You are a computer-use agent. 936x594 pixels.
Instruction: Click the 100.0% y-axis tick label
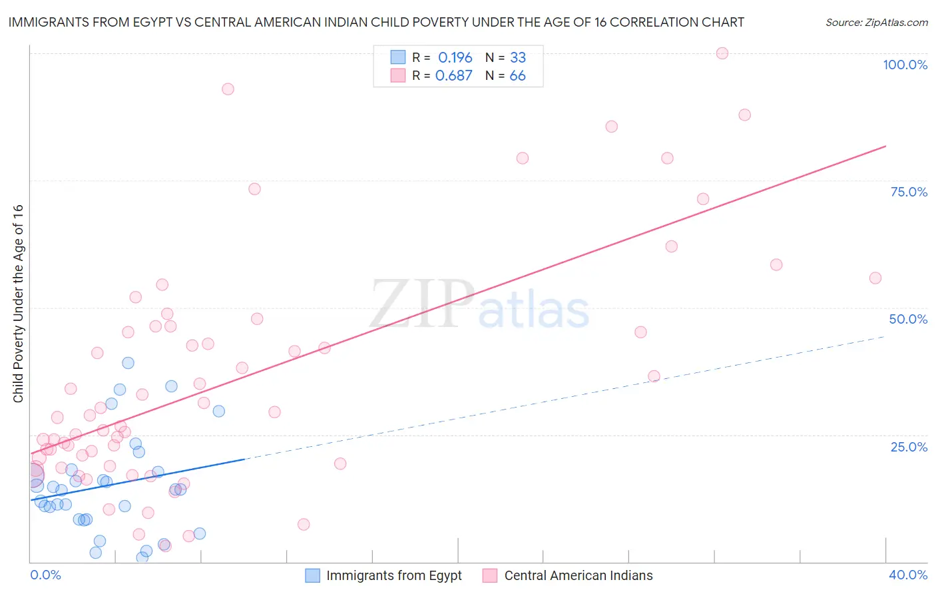coord(905,65)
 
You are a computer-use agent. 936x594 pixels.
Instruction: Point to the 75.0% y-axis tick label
coord(909,192)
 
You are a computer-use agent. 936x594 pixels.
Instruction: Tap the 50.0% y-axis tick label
coord(908,319)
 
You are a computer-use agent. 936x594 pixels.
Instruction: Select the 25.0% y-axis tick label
coord(909,447)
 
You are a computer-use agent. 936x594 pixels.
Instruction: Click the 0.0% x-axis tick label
coord(45,575)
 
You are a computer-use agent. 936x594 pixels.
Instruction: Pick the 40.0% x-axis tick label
coord(907,575)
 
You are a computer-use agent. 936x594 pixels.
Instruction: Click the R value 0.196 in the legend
coord(455,58)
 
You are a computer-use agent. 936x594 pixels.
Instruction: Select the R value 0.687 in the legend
coord(453,76)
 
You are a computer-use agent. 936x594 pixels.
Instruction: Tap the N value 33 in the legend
coord(517,58)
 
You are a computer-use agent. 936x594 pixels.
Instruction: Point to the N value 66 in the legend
coord(517,76)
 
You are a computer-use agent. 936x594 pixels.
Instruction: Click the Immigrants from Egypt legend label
coord(393,575)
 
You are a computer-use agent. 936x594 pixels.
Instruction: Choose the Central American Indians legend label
coord(578,575)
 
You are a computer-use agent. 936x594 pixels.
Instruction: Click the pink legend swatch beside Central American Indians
coord(490,575)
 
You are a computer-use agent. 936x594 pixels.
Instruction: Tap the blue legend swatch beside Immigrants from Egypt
coord(312,575)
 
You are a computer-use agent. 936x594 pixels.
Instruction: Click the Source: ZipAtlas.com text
coord(876,23)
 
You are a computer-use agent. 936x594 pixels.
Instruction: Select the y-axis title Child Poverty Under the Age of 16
coord(19,303)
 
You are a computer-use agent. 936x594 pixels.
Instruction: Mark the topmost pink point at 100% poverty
coord(722,53)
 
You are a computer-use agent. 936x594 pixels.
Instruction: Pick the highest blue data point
coord(128,363)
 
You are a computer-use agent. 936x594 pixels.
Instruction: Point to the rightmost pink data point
coord(875,278)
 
